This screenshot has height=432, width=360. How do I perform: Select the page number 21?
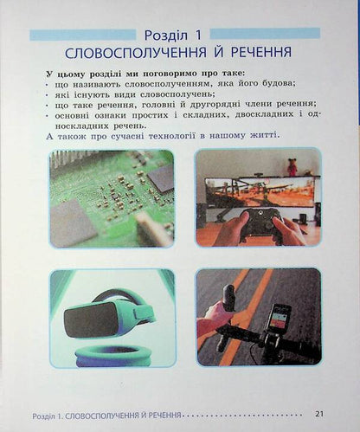pyautogui.click(x=319, y=413)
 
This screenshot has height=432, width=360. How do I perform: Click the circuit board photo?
pyautogui.click(x=112, y=198)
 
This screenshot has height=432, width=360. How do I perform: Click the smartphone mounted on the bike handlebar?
pyautogui.click(x=277, y=317)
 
